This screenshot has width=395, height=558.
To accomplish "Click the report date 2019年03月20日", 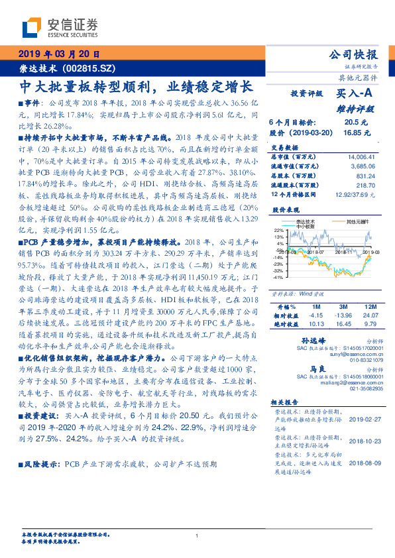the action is click(x=58, y=54).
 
